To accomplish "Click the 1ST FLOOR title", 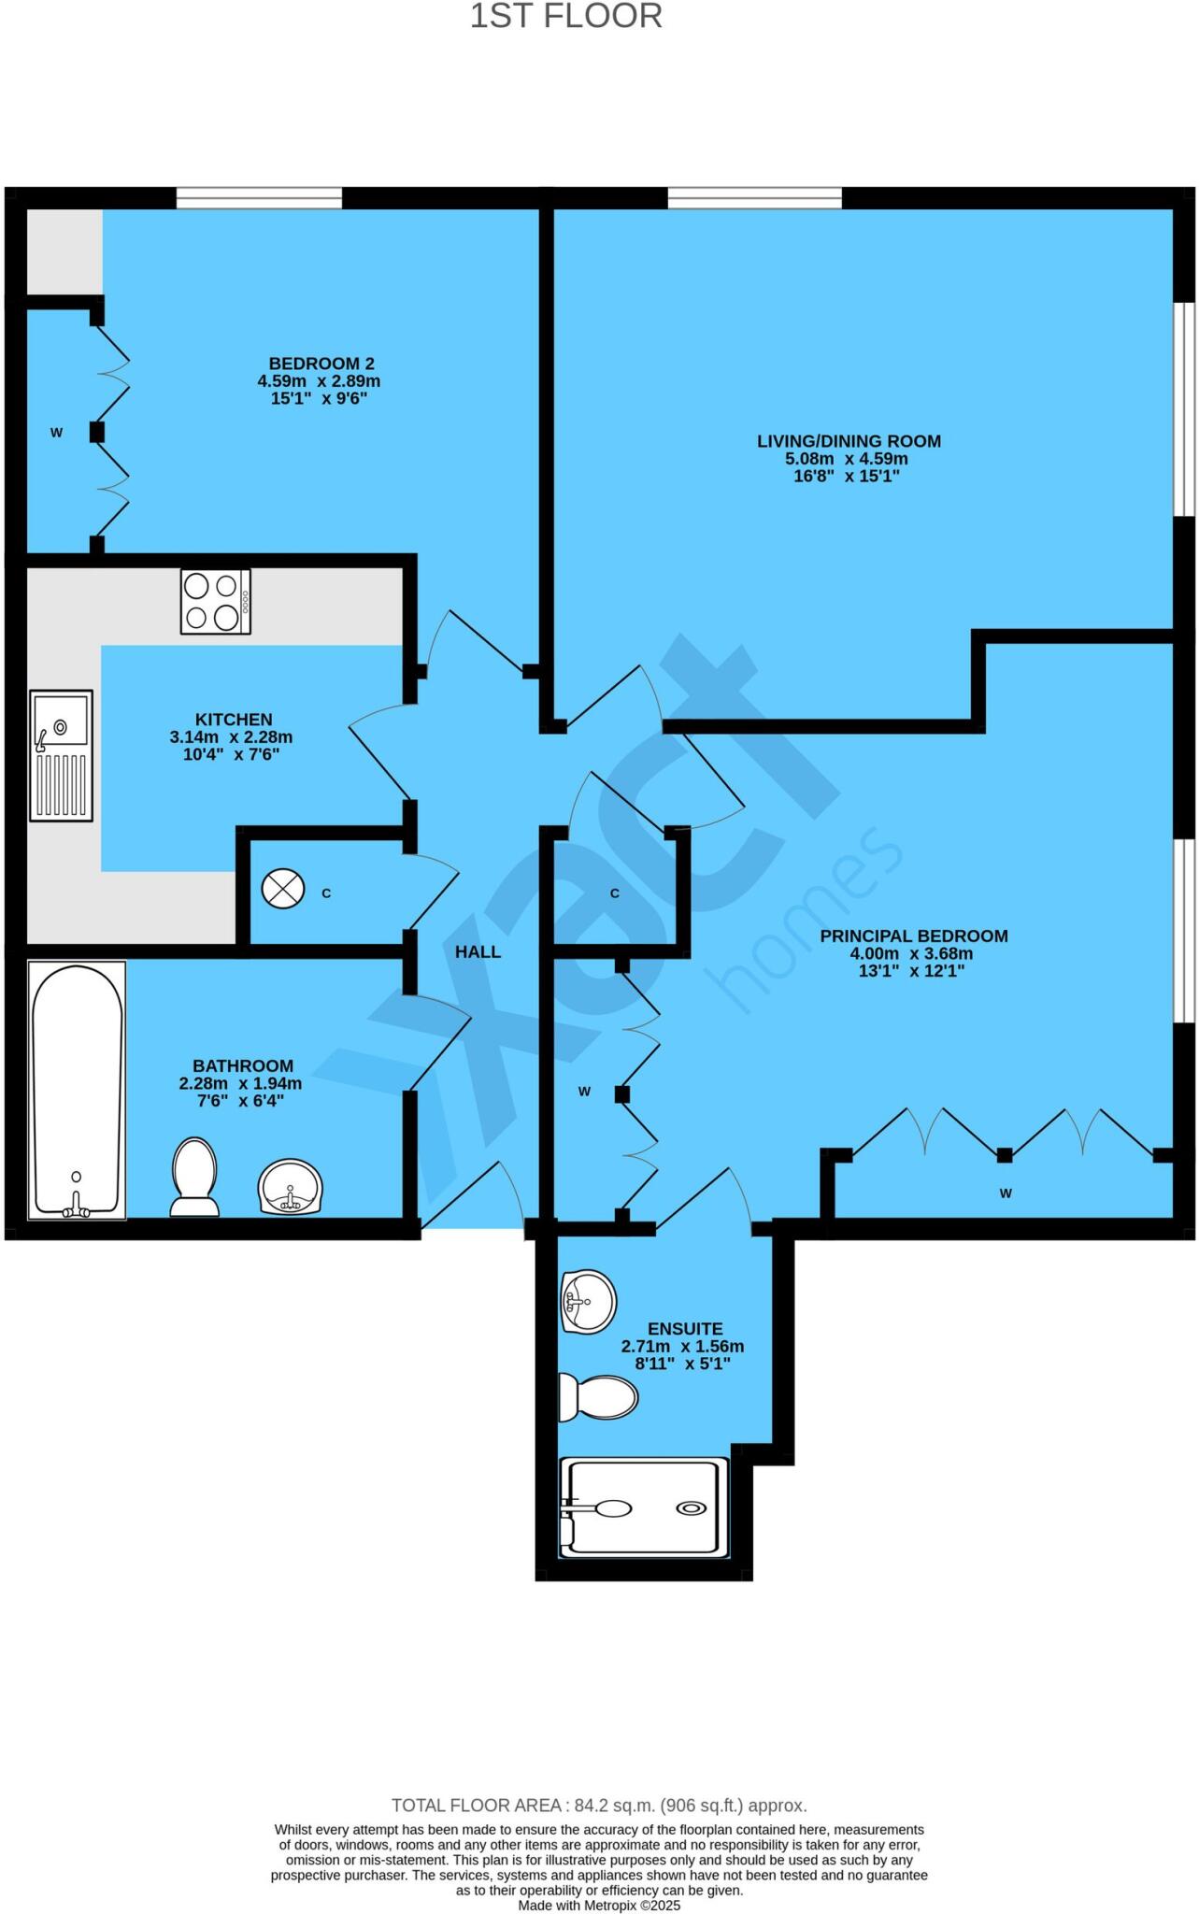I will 565,17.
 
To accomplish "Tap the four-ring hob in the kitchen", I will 216,602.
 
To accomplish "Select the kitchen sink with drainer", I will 62,755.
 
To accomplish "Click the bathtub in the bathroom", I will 78,1090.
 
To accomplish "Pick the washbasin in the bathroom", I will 291,1187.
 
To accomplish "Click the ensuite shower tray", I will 644,1507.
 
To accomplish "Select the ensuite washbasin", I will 588,1300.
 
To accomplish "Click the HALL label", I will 478,952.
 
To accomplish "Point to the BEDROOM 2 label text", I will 321,364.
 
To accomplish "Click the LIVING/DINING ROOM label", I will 849,441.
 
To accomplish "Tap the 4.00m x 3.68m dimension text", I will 911,953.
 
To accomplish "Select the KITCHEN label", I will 234,719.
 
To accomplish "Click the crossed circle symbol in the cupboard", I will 283,889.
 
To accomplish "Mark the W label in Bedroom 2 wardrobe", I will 56,433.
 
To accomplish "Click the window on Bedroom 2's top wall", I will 259,197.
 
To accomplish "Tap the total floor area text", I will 598,1806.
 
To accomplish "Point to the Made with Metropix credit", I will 599,1905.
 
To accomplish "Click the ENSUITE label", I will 685,1328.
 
